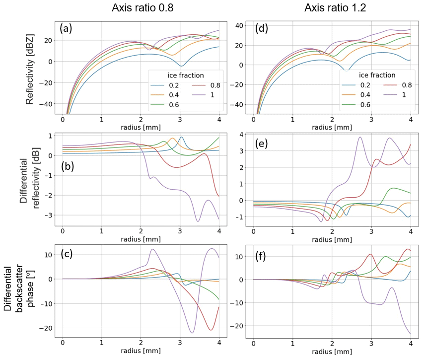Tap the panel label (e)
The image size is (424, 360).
(x=262, y=144)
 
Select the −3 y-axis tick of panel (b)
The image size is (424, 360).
(x=48, y=215)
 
